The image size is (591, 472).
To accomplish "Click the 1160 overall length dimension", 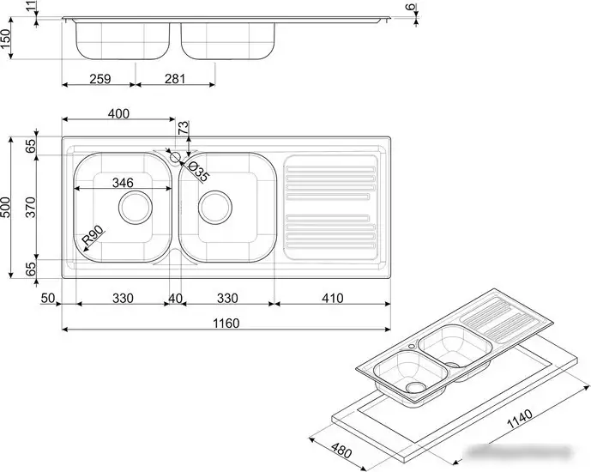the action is pos(226,324).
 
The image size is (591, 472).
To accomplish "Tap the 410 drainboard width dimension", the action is pos(333,298).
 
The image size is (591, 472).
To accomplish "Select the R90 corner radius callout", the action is pos(93,234).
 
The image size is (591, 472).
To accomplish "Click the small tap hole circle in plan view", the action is pos(175,157).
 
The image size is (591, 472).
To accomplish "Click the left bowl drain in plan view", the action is pos(136,207).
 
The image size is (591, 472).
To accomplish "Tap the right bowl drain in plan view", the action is pos(214,207).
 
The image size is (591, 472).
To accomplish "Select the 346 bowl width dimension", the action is pos(123,183).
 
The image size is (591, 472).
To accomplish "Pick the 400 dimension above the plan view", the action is pos(118,113).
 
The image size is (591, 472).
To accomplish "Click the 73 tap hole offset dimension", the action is pos(184,128).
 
